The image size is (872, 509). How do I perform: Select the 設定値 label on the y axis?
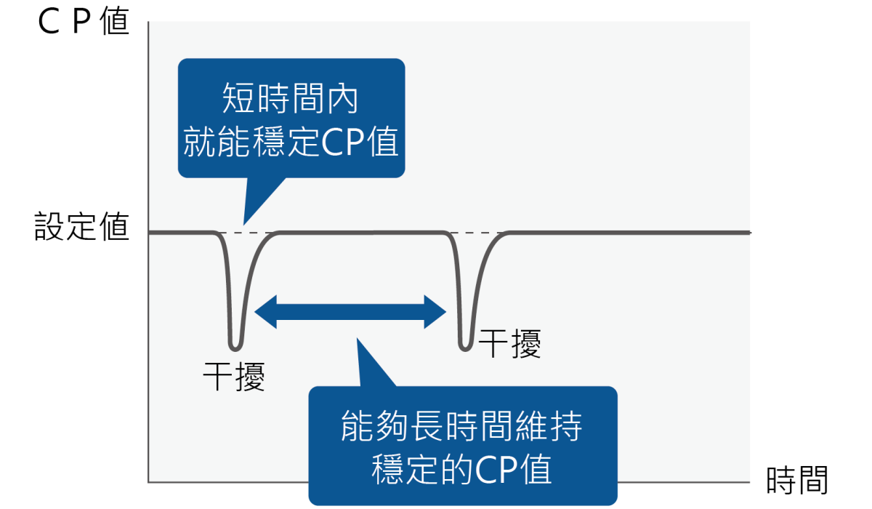[x=81, y=227]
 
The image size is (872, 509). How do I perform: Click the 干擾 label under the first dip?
[x=233, y=377]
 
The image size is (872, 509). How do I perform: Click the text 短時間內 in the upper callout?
[x=290, y=99]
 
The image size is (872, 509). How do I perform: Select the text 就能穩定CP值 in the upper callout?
[x=291, y=143]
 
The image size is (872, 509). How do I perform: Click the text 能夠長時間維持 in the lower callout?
[x=462, y=428]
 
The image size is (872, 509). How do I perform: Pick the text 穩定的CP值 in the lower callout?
[x=462, y=469]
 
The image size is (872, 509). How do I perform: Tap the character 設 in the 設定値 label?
[x=49, y=227]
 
